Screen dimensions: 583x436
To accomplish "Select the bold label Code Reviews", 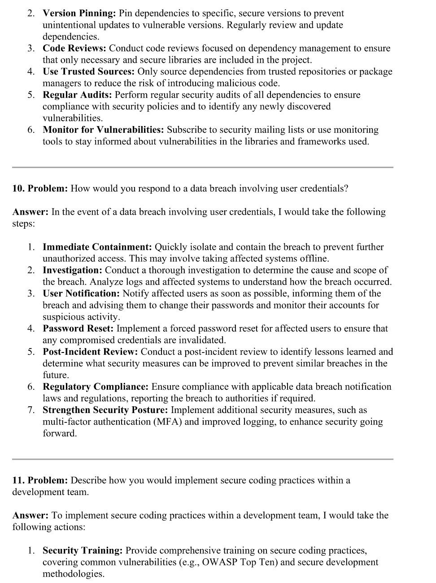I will tap(74, 48).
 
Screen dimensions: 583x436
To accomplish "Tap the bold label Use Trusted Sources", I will tap(88, 72).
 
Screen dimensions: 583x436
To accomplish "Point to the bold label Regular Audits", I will tap(78, 95).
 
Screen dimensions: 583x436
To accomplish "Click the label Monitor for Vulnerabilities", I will tap(103, 130).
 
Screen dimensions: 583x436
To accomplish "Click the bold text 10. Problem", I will tap(40, 188).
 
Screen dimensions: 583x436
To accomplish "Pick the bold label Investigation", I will tap(73, 270).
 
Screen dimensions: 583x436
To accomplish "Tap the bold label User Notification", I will tap(81, 294).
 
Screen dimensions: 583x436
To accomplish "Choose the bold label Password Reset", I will tap(78, 329).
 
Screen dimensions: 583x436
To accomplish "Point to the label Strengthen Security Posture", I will tap(105, 410).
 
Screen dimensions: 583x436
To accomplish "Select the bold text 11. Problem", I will tap(40, 480).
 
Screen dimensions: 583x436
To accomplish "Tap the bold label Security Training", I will tap(83, 551).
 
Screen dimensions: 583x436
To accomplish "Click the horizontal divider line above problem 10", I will tap(202, 167).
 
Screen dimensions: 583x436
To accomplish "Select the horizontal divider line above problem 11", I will tap(202, 459).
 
